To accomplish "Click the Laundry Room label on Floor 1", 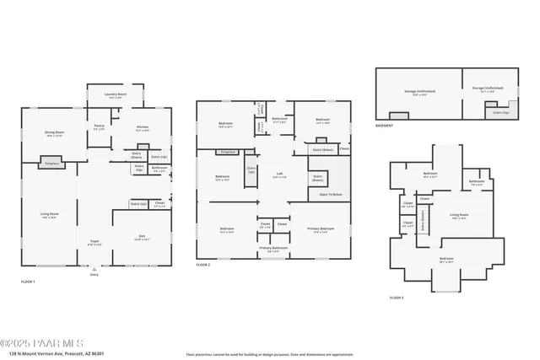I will click(116, 95).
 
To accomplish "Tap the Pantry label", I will click(100, 127).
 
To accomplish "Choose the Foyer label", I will click(94, 242).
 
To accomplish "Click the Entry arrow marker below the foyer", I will click(94, 271).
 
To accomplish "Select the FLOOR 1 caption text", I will click(28, 281).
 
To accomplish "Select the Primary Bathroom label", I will click(273, 250).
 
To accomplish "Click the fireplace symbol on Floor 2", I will click(226, 152).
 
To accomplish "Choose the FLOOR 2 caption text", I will click(203, 265).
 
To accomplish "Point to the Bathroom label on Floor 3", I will click(476, 180).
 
